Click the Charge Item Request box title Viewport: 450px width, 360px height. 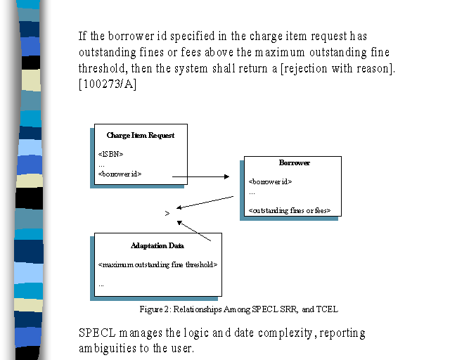141,135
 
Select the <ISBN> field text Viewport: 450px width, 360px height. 110,154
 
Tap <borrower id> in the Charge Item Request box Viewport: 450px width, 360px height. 120,174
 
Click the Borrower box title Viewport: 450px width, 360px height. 295,163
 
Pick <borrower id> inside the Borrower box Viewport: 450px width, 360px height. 270,181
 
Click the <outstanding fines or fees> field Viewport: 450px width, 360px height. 290,211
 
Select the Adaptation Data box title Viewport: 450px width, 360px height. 157,245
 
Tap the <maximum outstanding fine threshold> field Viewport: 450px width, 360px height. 157,264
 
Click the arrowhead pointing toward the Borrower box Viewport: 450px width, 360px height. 226,176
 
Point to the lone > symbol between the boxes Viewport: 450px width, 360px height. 167,213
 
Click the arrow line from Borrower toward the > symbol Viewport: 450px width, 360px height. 205,202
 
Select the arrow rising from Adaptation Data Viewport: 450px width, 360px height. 194,231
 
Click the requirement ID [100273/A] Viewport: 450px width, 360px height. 108,84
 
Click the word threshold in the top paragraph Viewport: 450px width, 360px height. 103,68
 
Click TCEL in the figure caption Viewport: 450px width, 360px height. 327,309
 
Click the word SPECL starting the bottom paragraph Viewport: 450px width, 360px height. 97,333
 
